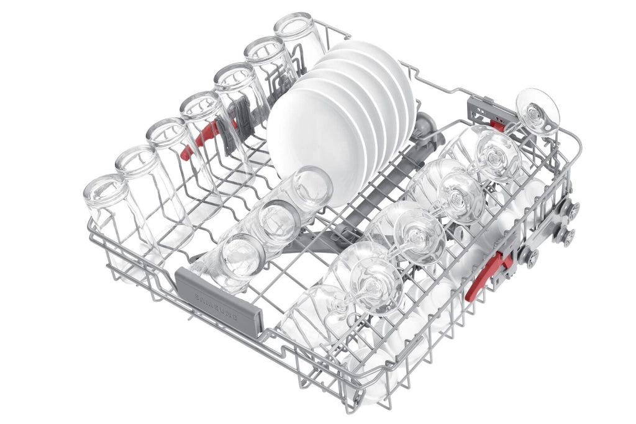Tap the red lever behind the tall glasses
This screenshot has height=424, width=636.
[201, 140]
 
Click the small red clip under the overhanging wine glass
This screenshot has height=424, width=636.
[497, 123]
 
